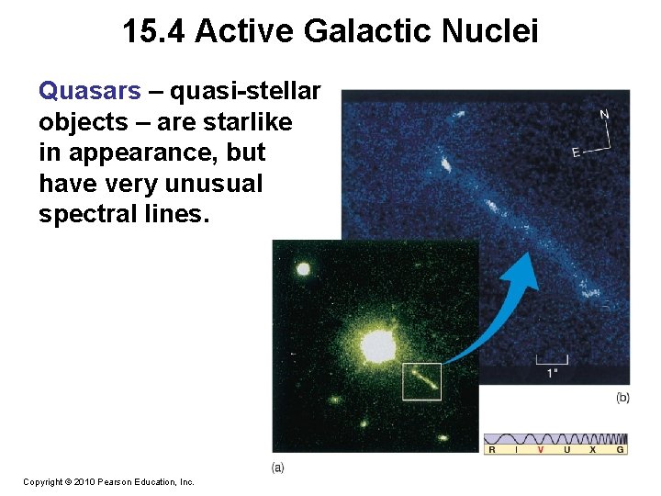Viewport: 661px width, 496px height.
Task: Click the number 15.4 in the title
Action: coord(154,32)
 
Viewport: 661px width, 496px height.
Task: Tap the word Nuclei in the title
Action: coord(491,32)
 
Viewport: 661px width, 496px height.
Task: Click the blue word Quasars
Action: coord(90,91)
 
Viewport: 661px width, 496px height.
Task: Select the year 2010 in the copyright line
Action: coord(84,481)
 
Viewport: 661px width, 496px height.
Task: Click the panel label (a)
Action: coord(278,467)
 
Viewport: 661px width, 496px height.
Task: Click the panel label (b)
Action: coord(622,397)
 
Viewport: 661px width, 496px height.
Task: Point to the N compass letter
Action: coord(603,115)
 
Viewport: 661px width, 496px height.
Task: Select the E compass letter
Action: coord(576,152)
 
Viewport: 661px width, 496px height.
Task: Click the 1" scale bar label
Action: coord(552,373)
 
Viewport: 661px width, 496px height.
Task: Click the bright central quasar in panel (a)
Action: coord(376,346)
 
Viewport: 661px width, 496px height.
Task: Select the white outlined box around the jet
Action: coord(421,381)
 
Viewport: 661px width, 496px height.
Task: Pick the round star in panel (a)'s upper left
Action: coord(302,270)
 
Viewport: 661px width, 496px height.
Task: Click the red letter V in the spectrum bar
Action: coord(540,450)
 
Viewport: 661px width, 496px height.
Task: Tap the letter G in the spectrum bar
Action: coord(621,450)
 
